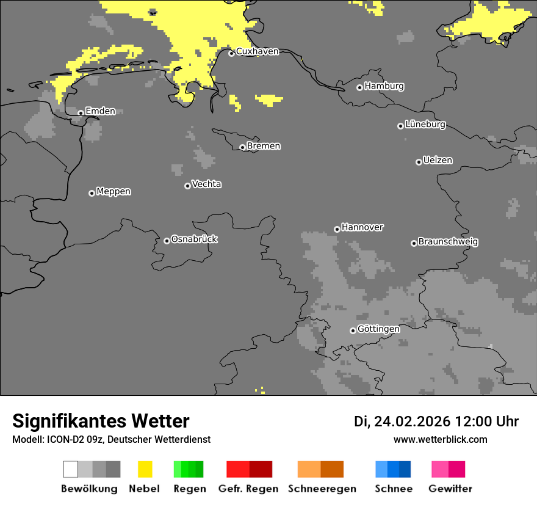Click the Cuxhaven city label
pyautogui.click(x=257, y=51)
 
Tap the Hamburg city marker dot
pyautogui.click(x=359, y=87)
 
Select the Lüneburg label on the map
pyautogui.click(x=425, y=125)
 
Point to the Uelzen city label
pyautogui.click(x=438, y=160)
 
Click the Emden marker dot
pyautogui.click(x=81, y=113)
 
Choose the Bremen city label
pyautogui.click(x=264, y=146)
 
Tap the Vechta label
pyautogui.click(x=206, y=184)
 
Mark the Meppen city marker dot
pyautogui.click(x=92, y=193)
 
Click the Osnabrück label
pyautogui.click(x=194, y=239)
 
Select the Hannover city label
pyautogui.click(x=362, y=227)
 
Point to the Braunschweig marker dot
pyautogui.click(x=414, y=243)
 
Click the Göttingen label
pyautogui.click(x=378, y=329)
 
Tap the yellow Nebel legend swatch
pyautogui.click(x=145, y=469)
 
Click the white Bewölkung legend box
pyautogui.click(x=71, y=469)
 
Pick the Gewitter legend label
pyautogui.click(x=450, y=489)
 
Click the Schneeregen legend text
pyautogui.click(x=322, y=489)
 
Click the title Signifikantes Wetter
pyautogui.click(x=101, y=421)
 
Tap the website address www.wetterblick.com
pyautogui.click(x=440, y=439)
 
